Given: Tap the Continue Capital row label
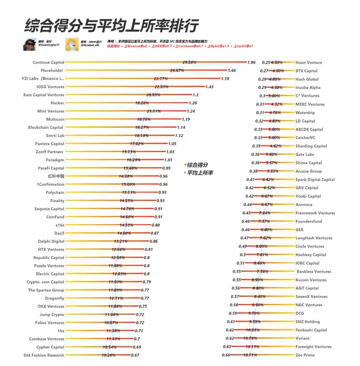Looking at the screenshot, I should click(48, 63).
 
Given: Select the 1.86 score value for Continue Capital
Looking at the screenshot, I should click(252, 63).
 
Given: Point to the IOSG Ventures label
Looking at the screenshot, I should click(50, 87).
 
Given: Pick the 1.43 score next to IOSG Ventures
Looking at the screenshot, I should click(210, 87).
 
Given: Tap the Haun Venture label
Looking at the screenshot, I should click(309, 63).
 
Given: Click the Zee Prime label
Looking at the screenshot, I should click(305, 355).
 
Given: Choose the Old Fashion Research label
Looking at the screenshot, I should click(44, 355).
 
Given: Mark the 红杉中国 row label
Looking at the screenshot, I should click(55, 176).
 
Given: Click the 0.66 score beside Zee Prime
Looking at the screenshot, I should click(226, 355).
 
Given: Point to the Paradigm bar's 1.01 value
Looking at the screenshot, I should click(167, 160).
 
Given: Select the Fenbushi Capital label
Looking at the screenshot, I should click(311, 331).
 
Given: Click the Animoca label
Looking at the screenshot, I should click(304, 204).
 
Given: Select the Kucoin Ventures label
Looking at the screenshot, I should click(310, 280).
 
